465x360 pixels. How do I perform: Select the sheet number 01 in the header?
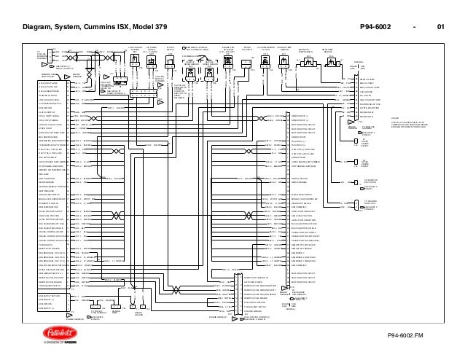(x=440, y=29)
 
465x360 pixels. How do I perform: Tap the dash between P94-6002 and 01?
(x=415, y=29)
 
